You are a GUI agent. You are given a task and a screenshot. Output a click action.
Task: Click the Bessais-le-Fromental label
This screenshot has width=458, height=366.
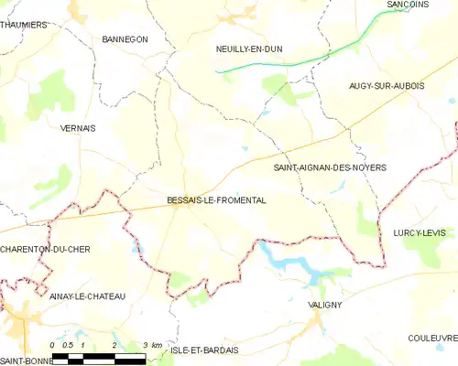pos(216,200)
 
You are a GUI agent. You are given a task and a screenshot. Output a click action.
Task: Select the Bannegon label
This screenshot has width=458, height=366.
pos(125,39)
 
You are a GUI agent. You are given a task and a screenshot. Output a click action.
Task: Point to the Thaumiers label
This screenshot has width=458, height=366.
pos(23,25)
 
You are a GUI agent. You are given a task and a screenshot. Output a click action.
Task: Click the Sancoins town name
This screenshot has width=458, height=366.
pos(409,5)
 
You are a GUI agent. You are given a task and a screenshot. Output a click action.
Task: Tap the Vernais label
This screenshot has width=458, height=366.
pos(77,128)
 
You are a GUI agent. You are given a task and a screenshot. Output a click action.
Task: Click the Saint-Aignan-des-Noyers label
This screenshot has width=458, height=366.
pos(330,168)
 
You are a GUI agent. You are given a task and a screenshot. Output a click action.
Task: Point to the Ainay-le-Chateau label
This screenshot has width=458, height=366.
pos(82,296)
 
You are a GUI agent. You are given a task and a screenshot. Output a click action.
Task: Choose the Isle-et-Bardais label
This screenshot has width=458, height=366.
pos(204,350)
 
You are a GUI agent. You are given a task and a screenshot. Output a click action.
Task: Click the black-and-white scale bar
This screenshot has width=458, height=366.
pos(98,357)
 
